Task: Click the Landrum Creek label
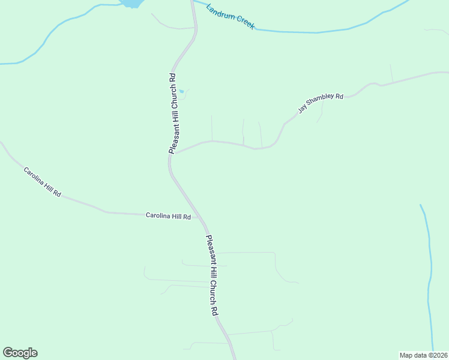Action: (x=230, y=17)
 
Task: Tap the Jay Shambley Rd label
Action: (x=321, y=103)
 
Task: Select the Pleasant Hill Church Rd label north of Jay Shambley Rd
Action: (x=173, y=113)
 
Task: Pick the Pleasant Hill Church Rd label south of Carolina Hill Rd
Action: (x=212, y=275)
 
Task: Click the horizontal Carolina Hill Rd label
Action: (x=168, y=216)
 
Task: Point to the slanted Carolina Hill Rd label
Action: (x=42, y=182)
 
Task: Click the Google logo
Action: (x=20, y=353)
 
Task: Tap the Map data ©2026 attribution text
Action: (x=424, y=355)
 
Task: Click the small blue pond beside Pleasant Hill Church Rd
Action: (x=182, y=91)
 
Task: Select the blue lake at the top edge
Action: (x=131, y=3)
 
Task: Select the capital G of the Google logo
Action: (x=8, y=352)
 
